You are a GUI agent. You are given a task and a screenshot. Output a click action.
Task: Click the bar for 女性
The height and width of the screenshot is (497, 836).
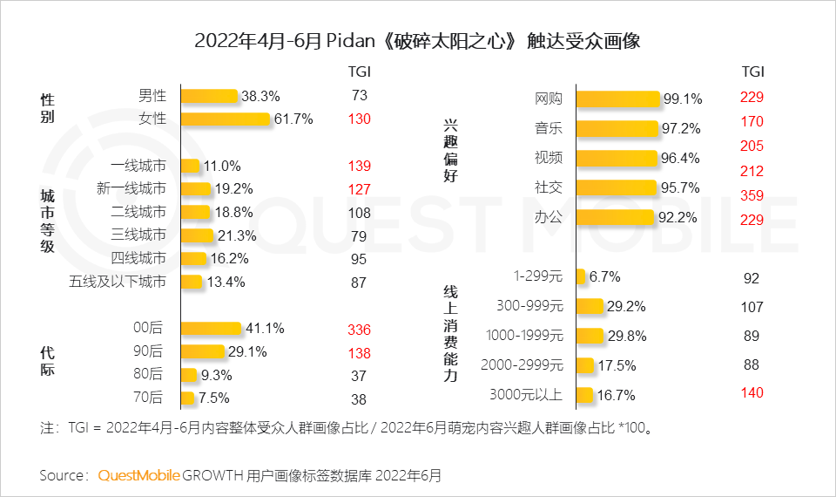(226, 119)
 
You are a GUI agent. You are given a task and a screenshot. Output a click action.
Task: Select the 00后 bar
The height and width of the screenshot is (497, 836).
(211, 329)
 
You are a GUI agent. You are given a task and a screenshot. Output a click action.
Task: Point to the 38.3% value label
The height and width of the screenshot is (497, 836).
(260, 96)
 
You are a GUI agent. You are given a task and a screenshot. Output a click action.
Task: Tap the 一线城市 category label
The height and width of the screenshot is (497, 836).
(138, 165)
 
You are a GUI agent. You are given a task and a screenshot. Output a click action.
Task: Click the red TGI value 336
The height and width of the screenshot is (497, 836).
(359, 330)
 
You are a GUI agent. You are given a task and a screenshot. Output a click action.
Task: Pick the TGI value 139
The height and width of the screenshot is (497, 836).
(359, 166)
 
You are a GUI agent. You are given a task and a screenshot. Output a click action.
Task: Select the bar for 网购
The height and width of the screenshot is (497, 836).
(617, 99)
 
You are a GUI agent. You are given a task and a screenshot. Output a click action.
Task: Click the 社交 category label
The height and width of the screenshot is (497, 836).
(549, 187)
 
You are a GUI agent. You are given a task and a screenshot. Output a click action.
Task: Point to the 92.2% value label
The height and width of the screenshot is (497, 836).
(679, 217)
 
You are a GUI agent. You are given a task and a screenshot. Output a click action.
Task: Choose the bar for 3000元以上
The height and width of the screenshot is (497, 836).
(584, 394)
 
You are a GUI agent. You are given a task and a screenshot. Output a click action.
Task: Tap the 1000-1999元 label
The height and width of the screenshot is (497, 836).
(526, 336)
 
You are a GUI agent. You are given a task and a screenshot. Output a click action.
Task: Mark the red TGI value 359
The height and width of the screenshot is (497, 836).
(752, 195)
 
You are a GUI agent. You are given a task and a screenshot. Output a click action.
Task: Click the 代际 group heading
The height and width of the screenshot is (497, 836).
(47, 361)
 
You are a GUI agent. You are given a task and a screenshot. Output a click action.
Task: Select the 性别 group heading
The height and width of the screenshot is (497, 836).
(47, 108)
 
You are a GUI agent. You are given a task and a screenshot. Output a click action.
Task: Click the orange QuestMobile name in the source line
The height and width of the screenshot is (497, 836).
(139, 475)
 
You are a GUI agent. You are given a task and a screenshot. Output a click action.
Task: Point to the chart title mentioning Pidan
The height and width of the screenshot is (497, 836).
(417, 41)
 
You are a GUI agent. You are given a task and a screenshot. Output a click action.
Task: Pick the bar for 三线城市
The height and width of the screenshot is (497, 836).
(196, 235)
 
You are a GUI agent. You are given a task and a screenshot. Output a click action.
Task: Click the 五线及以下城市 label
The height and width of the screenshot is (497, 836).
(117, 282)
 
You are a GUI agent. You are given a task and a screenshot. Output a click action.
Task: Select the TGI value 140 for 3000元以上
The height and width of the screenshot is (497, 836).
(752, 393)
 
